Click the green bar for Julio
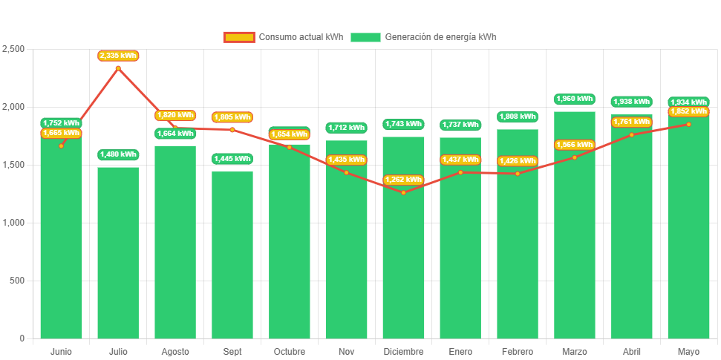tap(118, 252)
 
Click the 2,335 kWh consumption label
tap(118, 56)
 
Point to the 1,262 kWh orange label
tap(403, 180)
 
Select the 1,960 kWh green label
tap(575, 99)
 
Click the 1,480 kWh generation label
tap(118, 154)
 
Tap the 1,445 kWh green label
tap(232, 159)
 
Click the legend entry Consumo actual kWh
tap(283, 37)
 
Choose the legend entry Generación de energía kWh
tap(423, 37)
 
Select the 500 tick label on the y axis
tap(16, 281)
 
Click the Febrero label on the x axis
tap(518, 351)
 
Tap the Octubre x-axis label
tap(289, 351)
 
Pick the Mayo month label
tap(688, 351)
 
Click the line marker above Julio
tap(118, 68)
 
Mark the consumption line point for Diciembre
tap(403, 193)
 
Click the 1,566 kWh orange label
tap(575, 145)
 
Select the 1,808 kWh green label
tap(518, 117)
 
